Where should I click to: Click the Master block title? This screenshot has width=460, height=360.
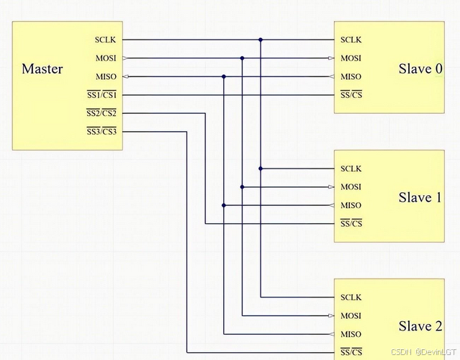coord(42,69)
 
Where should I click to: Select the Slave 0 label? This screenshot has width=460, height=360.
coord(420,69)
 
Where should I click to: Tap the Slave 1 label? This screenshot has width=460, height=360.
coord(420,198)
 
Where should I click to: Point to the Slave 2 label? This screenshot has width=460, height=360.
coord(420,327)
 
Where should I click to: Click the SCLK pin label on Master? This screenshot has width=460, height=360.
coord(105,40)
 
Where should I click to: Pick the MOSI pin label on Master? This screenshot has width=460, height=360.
coord(105,58)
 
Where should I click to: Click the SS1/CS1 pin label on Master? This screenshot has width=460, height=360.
coord(102,95)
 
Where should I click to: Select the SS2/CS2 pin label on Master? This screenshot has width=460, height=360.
coord(102,113)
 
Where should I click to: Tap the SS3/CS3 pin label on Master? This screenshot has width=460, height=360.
coord(102,132)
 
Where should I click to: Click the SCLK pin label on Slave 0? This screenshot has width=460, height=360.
coord(351,40)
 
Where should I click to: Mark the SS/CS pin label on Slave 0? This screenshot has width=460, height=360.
coord(351,95)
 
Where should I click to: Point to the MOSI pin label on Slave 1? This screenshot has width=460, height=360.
coord(351,187)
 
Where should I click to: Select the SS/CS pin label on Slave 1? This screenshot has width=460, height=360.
coord(351,224)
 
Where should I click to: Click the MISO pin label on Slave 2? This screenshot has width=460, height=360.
coord(351,334)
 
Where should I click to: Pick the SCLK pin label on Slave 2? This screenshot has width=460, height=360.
coord(351,297)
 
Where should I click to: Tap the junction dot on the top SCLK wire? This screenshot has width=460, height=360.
coord(261,40)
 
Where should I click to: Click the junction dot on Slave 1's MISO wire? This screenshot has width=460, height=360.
coord(224,205)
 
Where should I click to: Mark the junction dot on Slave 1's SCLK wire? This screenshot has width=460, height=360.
coord(261,168)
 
